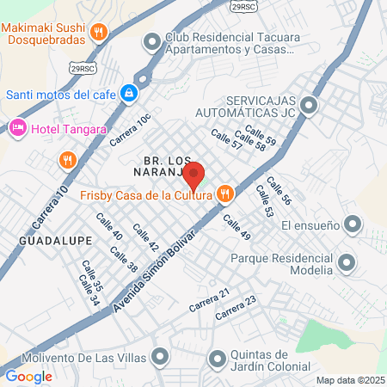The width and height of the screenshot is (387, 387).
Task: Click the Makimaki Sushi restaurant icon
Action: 100,34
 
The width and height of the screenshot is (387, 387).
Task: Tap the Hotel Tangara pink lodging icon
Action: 17,129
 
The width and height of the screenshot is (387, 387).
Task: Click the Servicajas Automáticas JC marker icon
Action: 309,107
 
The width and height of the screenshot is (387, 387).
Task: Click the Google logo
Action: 28,376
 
